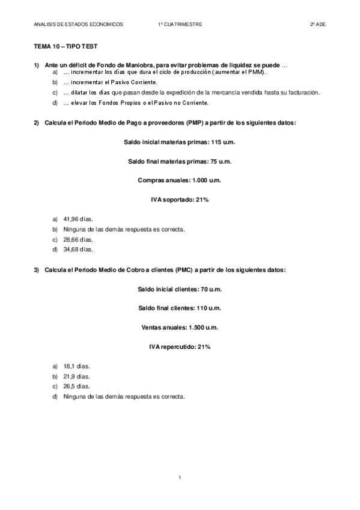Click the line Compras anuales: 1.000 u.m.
180,180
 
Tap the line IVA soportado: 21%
180,200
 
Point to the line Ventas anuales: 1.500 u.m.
180,327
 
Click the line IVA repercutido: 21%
180,346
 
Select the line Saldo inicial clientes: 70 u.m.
180,289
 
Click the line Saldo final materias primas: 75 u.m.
180,161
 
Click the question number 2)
37,123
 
